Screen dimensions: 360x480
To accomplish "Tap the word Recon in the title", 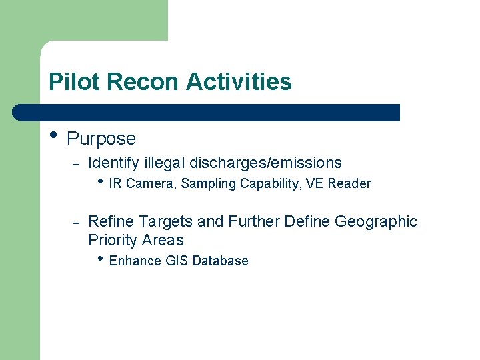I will (x=143, y=82).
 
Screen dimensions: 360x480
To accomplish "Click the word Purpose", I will (x=101, y=139).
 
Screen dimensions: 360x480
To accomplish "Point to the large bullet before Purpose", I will (x=53, y=135).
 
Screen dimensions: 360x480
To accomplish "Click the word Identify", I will (x=113, y=163).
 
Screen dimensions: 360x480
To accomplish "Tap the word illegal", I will (x=164, y=163).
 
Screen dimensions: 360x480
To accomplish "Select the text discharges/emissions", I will (x=265, y=163).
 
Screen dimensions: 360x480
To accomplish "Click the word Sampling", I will (x=208, y=184).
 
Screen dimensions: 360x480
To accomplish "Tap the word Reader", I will (x=351, y=184).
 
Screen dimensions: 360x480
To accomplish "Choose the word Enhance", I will (x=132, y=261).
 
